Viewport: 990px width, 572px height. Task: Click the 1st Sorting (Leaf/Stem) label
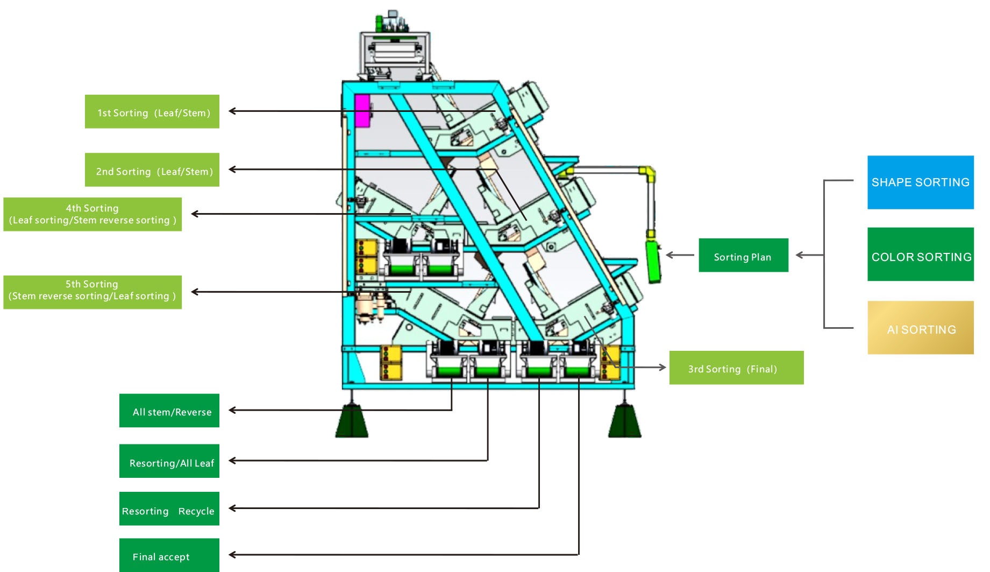tap(152, 112)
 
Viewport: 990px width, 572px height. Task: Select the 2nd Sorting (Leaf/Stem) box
tap(152, 170)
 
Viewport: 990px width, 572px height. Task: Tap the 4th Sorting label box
tap(92, 214)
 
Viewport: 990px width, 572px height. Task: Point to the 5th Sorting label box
tap(92, 292)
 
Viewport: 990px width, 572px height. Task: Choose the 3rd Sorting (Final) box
tap(736, 368)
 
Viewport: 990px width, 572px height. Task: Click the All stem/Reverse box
tap(169, 411)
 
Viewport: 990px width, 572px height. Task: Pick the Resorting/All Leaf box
tap(169, 461)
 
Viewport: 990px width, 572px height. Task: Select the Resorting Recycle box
tap(169, 509)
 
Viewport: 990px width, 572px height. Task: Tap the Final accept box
tap(169, 555)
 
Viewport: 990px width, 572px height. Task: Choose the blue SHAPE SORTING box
tap(920, 182)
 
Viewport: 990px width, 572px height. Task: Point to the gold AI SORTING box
tap(920, 328)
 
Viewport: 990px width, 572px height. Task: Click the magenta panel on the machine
tap(362, 111)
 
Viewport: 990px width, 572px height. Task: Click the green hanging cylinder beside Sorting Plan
tap(653, 262)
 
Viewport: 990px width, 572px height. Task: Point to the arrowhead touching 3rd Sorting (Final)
tap(663, 368)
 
